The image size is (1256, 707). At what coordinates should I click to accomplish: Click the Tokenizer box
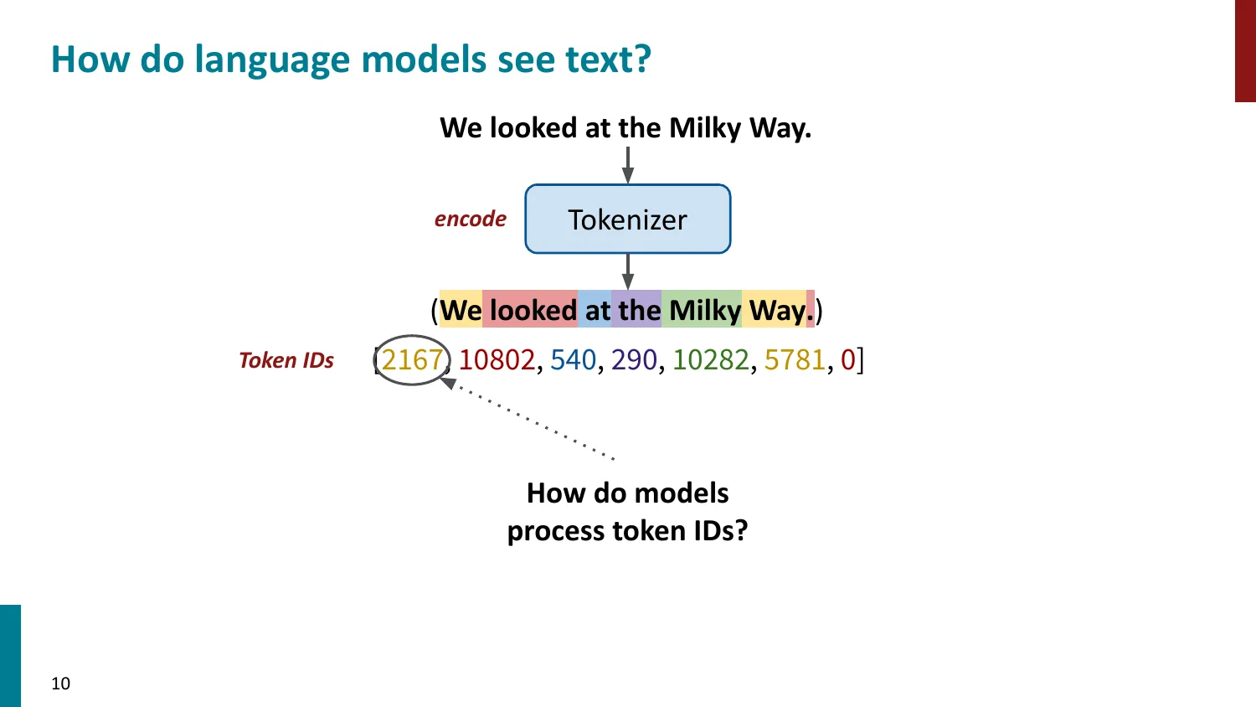[x=627, y=219]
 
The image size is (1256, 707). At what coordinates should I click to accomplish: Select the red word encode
[x=470, y=219]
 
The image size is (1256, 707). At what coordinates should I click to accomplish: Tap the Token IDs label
[x=286, y=360]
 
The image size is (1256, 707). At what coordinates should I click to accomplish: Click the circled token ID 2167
[x=411, y=360]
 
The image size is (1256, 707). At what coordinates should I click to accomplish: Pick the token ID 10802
[x=497, y=360]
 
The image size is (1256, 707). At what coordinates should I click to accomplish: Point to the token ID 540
[x=573, y=360]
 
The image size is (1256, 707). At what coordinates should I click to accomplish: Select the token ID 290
[x=634, y=360]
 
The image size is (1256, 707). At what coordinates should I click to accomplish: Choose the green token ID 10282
[x=711, y=360]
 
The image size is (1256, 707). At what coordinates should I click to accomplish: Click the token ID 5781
[x=795, y=360]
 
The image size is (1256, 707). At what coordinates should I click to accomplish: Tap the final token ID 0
[x=847, y=360]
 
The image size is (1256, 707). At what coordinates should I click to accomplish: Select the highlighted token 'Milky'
[x=704, y=311]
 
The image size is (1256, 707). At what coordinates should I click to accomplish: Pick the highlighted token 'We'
[x=461, y=311]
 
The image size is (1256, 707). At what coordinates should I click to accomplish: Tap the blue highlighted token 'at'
[x=597, y=311]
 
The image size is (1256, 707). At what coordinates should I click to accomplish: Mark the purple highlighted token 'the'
[x=639, y=311]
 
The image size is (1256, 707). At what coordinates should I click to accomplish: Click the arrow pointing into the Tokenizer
[x=627, y=165]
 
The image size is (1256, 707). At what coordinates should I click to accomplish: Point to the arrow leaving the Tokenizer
[x=627, y=271]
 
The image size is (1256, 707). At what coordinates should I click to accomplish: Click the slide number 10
[x=61, y=684]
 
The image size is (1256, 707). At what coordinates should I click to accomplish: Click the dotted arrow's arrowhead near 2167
[x=449, y=383]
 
